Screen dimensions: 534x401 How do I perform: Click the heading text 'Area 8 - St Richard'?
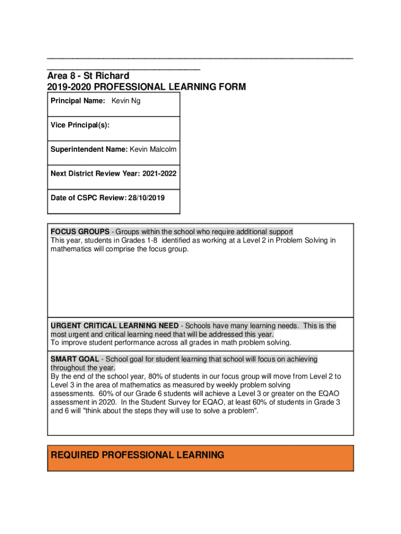(88, 76)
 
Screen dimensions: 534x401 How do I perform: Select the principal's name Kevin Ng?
(126, 101)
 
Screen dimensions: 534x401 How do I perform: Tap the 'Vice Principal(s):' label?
(80, 125)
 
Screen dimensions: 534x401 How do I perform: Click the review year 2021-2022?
(158, 173)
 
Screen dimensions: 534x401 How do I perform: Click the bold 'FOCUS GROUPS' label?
(80, 232)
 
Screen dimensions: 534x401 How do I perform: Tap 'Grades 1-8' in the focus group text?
(140, 240)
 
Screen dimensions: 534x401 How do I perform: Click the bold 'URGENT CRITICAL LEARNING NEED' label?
(114, 326)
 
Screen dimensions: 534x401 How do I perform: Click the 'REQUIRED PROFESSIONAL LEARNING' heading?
(137, 455)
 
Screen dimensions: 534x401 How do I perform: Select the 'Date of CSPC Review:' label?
(89, 198)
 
